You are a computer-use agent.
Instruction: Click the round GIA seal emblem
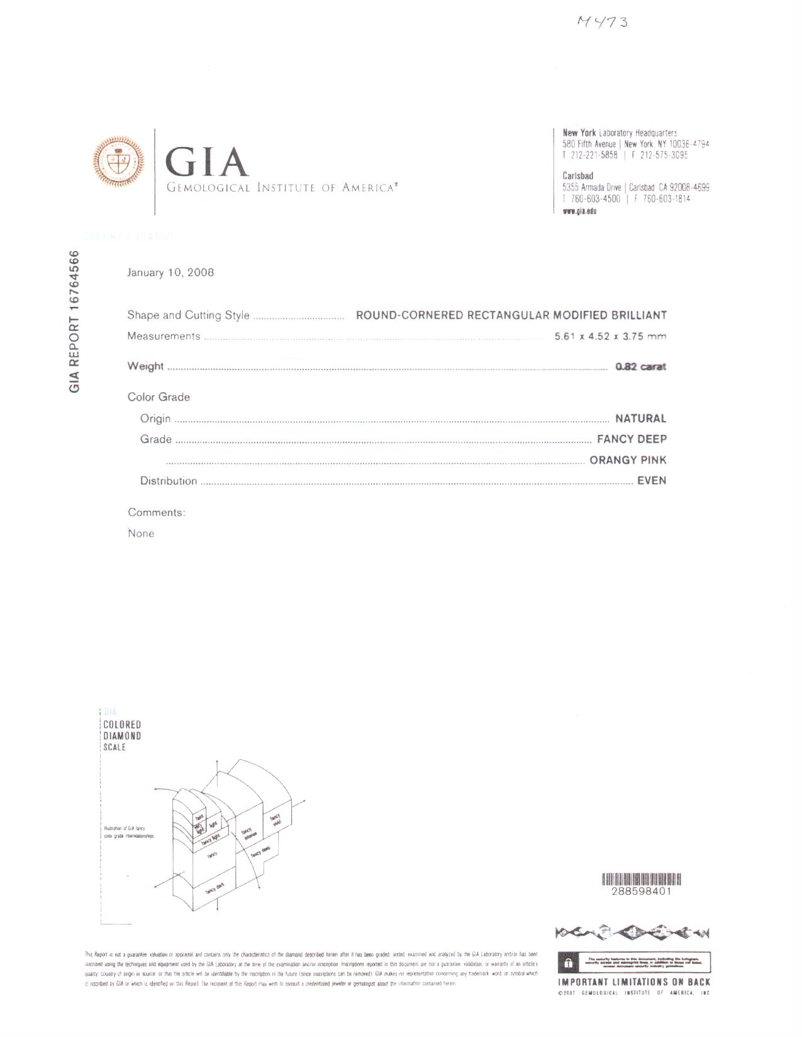tap(119, 162)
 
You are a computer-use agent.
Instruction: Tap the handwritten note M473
tap(602, 23)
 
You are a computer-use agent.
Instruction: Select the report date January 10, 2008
tap(170, 273)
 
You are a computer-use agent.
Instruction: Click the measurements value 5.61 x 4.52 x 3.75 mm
tap(610, 336)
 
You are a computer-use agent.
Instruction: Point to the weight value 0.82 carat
tap(640, 366)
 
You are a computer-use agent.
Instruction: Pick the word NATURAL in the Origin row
tap(640, 419)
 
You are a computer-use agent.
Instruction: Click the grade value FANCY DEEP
tap(632, 439)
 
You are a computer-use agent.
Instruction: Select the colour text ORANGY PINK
tap(628, 460)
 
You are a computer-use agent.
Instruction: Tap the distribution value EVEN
tap(652, 481)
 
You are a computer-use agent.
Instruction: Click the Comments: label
tap(157, 513)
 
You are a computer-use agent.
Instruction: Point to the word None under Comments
tap(141, 534)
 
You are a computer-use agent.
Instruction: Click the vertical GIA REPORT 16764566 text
tap(75, 322)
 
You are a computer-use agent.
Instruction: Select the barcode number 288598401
tap(641, 892)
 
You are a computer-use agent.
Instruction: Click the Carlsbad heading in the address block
tap(577, 176)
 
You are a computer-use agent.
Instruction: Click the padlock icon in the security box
tap(567, 962)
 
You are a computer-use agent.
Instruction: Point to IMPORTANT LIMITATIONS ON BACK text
tap(634, 982)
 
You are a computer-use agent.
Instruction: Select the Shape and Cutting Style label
tap(188, 315)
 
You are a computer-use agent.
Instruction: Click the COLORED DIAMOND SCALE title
tap(122, 736)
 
